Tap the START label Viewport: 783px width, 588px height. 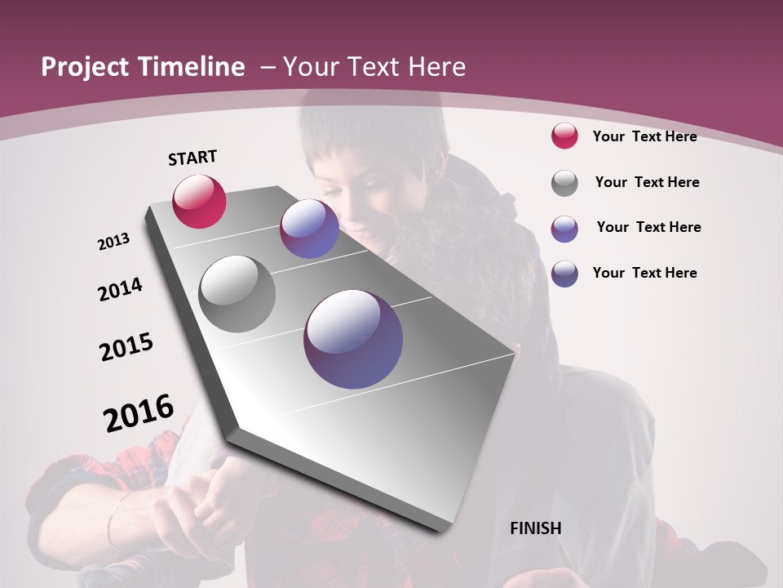pos(192,158)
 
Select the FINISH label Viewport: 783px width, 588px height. pos(536,528)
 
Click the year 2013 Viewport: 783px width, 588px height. pos(114,242)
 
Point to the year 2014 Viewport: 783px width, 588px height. pos(120,289)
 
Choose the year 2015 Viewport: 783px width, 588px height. pos(126,347)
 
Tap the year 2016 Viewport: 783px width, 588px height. pos(139,413)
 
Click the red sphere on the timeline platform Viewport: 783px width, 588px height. pos(199,201)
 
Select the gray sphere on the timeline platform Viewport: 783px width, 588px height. pos(237,294)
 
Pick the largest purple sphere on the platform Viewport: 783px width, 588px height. pos(353,339)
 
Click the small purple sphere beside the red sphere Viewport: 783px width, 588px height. pos(309,229)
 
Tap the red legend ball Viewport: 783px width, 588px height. pos(564,136)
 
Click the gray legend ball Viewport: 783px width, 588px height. pos(564,183)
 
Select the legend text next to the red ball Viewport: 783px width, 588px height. pos(644,136)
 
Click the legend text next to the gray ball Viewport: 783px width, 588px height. pos(647,182)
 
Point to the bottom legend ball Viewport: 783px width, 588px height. pos(564,274)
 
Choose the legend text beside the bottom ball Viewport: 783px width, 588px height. pos(644,273)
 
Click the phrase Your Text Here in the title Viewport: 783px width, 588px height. pos(374,67)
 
